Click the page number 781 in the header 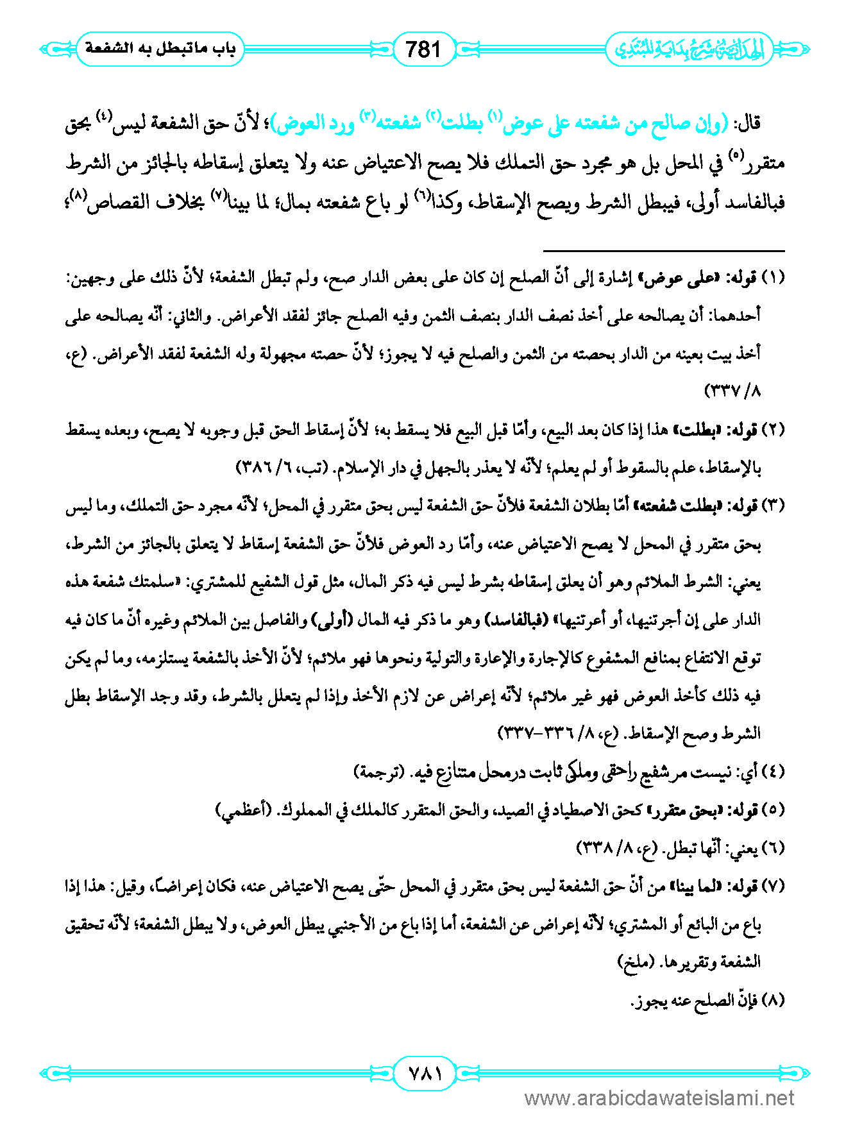(423, 49)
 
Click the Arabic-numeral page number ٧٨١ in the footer (423, 1073)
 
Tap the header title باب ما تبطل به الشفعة (160, 49)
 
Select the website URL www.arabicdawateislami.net (659, 1099)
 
